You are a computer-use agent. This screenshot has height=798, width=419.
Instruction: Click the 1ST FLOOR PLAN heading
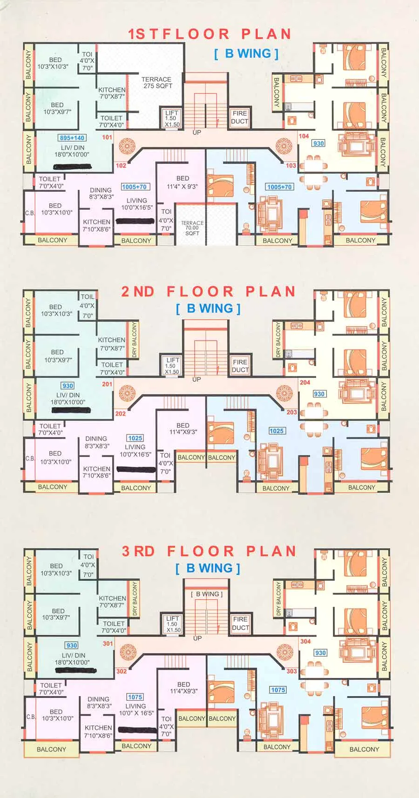[x=209, y=34]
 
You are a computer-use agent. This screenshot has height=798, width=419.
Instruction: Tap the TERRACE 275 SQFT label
[x=157, y=83]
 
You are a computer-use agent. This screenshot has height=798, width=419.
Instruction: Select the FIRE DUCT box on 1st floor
[x=240, y=117]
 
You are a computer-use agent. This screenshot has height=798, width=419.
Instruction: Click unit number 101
[x=107, y=137]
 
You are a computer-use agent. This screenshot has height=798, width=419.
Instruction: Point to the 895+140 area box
[x=72, y=138]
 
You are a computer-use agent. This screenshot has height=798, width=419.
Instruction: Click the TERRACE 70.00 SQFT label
[x=192, y=228]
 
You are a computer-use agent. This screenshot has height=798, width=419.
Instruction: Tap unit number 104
[x=304, y=136]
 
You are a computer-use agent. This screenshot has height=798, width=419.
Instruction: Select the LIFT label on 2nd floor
[x=173, y=360]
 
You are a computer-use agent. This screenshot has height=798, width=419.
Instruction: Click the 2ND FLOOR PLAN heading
[x=208, y=292]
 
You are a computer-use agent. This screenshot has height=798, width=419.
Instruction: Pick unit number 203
[x=291, y=412]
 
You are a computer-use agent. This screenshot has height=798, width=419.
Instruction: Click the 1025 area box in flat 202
[x=135, y=438]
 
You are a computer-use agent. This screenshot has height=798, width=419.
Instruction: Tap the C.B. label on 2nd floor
[x=30, y=458]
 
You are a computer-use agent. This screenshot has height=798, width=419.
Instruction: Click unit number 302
[x=122, y=671]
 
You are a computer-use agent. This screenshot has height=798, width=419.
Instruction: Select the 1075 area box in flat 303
[x=278, y=690]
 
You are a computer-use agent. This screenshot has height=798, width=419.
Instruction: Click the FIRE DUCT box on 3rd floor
[x=240, y=623]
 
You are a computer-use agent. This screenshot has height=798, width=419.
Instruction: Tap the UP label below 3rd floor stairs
[x=197, y=638]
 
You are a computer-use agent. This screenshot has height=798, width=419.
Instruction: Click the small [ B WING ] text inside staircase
[x=207, y=594]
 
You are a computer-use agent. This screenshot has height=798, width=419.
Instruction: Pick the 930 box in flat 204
[x=319, y=394]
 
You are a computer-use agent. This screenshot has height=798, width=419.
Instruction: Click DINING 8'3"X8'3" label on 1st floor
[x=101, y=193]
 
